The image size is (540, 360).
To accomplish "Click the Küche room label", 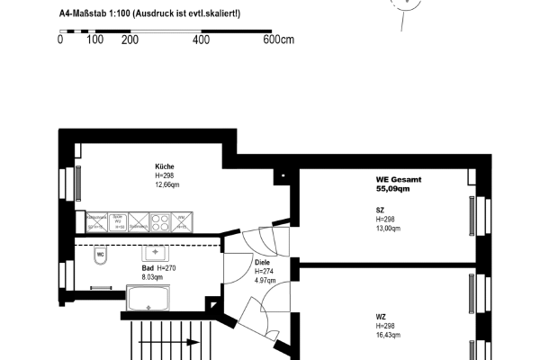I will (164, 167).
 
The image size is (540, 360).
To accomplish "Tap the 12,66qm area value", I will (168, 185).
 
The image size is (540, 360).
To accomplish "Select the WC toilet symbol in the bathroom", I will (101, 255).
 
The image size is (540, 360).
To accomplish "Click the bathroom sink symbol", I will (156, 254).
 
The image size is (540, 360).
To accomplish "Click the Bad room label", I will (148, 268).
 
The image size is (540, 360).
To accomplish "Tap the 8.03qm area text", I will (153, 277).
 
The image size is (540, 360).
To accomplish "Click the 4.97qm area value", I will (265, 280).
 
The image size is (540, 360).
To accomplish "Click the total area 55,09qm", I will (393, 189).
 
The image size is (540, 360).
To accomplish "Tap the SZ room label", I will (380, 211).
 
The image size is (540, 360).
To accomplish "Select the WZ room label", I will (382, 316).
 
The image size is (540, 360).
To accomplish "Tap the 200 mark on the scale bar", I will (129, 40).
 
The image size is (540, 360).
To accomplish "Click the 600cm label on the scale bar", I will (279, 40).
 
